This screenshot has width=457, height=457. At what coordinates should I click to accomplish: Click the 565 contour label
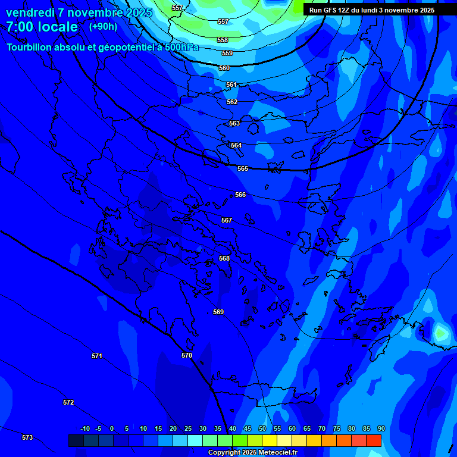(243, 168)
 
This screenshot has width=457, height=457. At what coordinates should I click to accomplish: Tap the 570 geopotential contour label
(187, 355)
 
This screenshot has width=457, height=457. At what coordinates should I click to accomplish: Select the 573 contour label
(27, 437)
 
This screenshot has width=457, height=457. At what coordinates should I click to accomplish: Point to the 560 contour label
(224, 68)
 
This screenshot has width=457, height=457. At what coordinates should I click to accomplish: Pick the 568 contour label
(224, 258)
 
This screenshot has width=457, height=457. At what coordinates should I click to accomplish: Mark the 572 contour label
(68, 402)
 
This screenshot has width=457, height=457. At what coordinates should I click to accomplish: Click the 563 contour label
(234, 123)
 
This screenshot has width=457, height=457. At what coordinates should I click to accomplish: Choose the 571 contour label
(97, 356)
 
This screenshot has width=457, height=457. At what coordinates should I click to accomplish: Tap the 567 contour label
(227, 220)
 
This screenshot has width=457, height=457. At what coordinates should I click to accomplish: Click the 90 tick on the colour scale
(381, 428)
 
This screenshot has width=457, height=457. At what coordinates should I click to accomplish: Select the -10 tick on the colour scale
(84, 428)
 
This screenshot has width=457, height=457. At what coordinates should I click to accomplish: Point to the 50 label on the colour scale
(262, 428)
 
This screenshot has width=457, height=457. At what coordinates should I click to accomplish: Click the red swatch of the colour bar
(373, 440)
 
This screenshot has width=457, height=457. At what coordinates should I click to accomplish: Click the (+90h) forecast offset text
(103, 26)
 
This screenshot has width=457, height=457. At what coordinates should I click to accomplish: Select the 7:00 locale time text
(42, 27)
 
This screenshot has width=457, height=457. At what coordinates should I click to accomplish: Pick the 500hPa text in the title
(181, 48)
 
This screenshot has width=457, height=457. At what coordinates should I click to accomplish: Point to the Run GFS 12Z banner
(372, 10)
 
